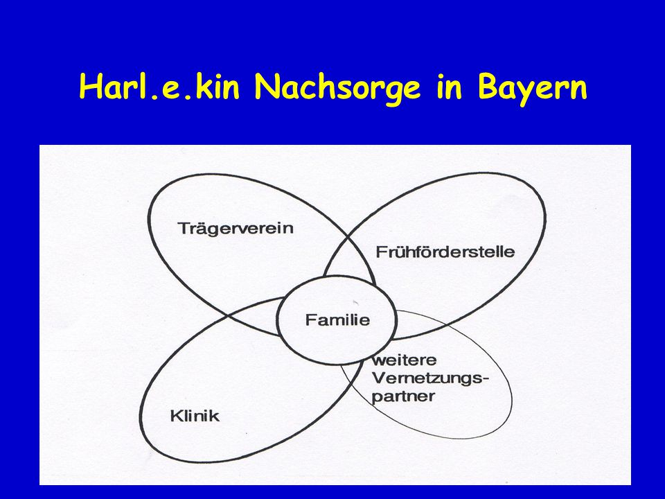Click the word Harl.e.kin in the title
pyautogui.click(x=159, y=87)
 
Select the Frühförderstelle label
pyautogui.click(x=445, y=252)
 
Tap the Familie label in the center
pyautogui.click(x=337, y=319)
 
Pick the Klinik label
pyautogui.click(x=195, y=416)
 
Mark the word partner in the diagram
pyautogui.click(x=403, y=397)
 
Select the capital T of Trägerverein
pyautogui.click(x=184, y=228)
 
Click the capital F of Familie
pyautogui.click(x=310, y=319)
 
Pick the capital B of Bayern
pyautogui.click(x=487, y=87)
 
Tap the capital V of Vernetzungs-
pyautogui.click(x=379, y=377)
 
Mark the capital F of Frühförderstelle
pyautogui.click(x=381, y=252)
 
